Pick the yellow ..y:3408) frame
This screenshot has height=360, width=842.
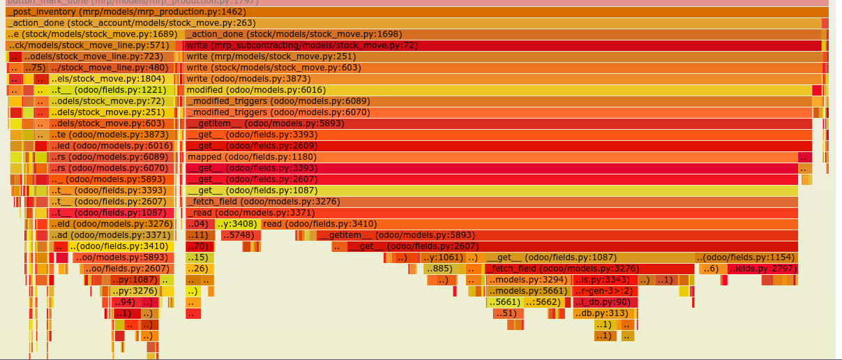pos(237,224)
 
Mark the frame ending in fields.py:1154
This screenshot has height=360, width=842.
pos(745,257)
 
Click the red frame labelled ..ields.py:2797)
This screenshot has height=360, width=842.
pos(762,269)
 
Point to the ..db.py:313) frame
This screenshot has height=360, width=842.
pos(601,313)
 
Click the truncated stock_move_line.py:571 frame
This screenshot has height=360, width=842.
pos(89,45)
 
